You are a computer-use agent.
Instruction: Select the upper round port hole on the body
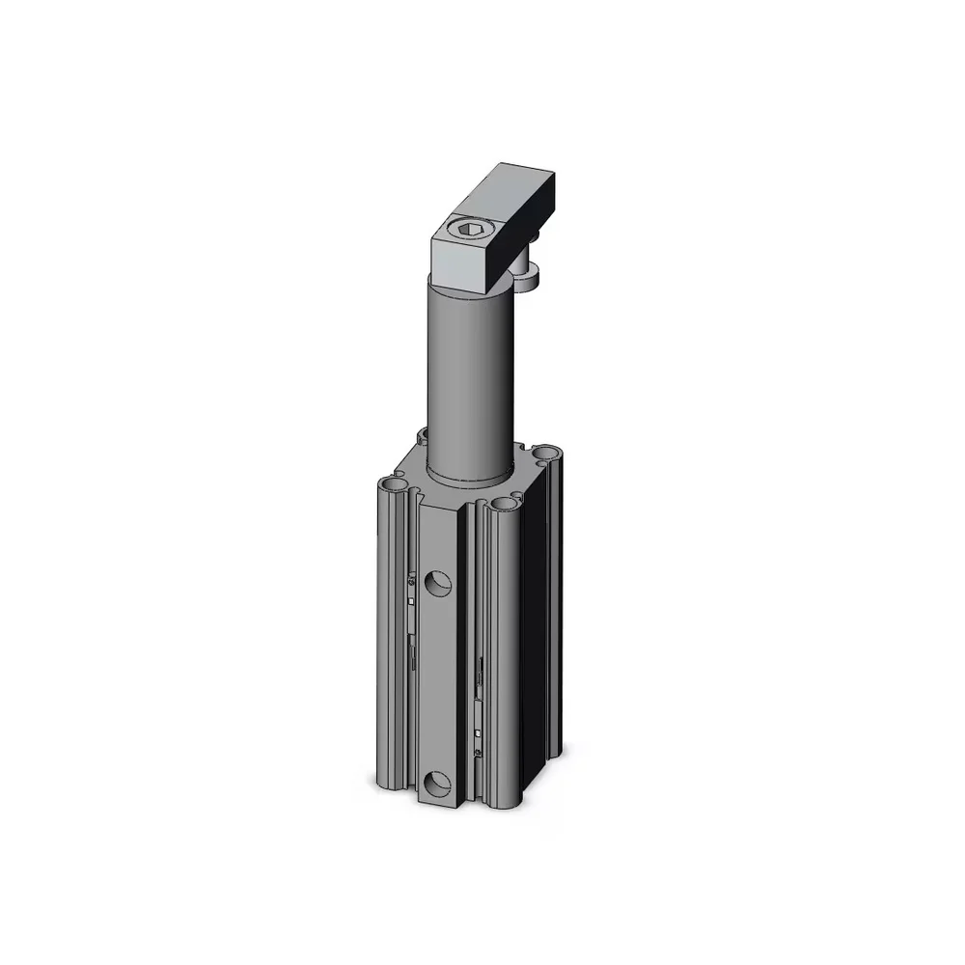click(440, 582)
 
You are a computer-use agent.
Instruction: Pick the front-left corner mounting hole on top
click(391, 482)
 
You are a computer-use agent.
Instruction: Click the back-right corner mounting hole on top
click(547, 452)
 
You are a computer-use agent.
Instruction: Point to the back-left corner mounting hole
click(422, 436)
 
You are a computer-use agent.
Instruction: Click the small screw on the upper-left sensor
click(412, 582)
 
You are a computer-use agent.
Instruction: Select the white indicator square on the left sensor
click(412, 599)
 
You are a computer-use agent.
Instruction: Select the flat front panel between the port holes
click(438, 685)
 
